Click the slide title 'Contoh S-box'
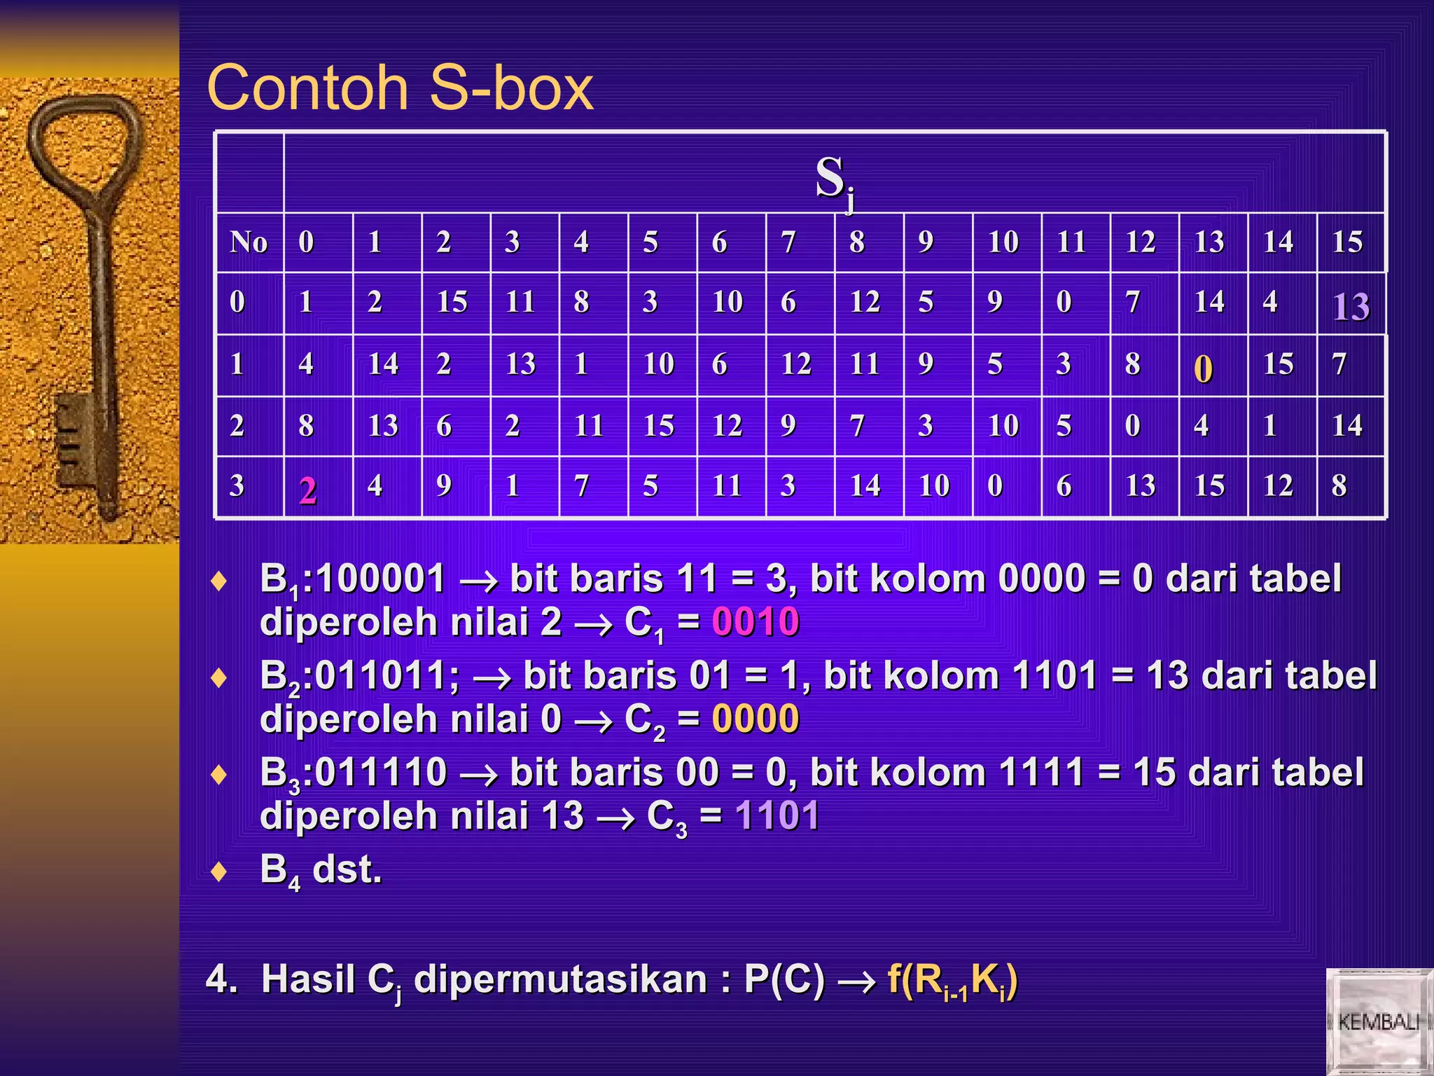400,88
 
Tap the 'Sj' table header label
834,180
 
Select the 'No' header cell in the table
249,242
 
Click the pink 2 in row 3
307,490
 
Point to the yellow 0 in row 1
1203,368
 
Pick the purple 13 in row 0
1351,306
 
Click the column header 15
1347,242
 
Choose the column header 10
1003,242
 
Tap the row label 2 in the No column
237,426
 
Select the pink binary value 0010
755,622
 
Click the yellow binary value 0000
755,719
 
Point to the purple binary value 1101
777,815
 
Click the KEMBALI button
1378,1021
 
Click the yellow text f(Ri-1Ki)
952,979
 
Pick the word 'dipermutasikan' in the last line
560,979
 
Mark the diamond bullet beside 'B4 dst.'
219,871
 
